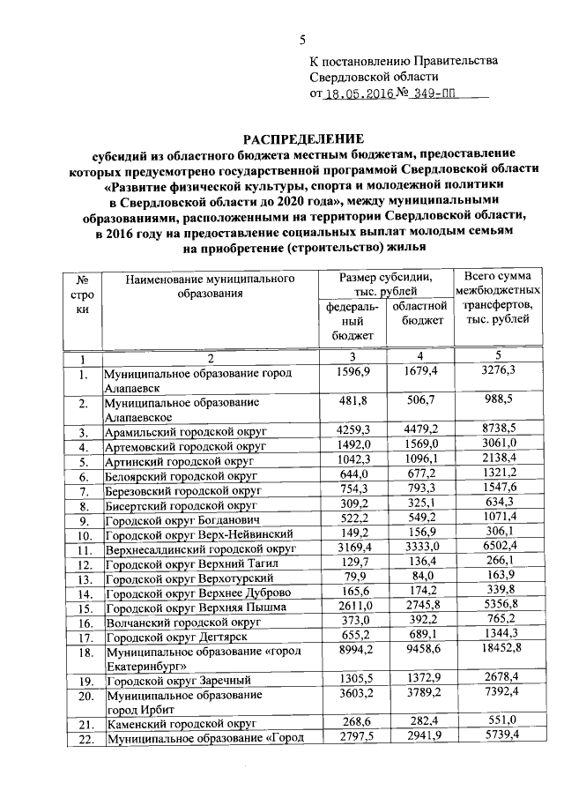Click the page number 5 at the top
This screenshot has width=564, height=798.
302,39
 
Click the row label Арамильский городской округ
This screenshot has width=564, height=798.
185,432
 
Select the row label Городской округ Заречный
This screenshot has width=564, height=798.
179,681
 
